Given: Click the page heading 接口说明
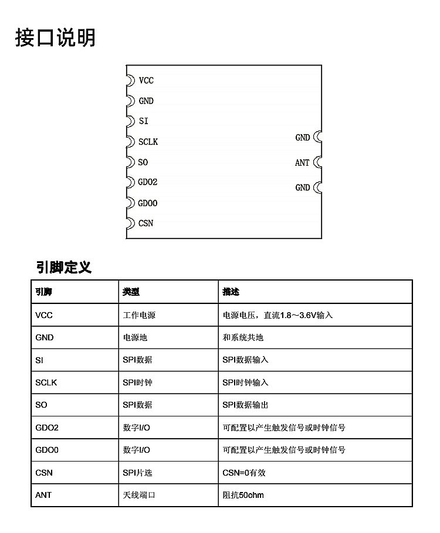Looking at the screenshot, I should point(55,38).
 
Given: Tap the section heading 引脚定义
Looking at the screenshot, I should point(64,268).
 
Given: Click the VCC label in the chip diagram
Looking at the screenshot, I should point(146,80).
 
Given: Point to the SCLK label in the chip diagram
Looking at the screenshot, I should point(148,142).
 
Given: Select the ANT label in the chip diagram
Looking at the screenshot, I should point(302,163).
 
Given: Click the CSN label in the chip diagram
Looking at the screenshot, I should point(146,223).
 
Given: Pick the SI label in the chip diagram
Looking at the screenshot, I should point(144,121).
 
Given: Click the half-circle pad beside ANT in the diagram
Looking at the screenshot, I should point(317,162).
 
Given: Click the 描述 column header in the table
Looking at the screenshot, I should point(231,292).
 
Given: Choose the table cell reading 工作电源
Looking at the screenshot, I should point(139,315).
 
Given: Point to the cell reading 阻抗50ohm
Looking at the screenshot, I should point(243,495).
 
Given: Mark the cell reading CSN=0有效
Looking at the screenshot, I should point(244,473).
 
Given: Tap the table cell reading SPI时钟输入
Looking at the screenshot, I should point(245,382).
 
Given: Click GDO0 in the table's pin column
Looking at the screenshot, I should point(47,450).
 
